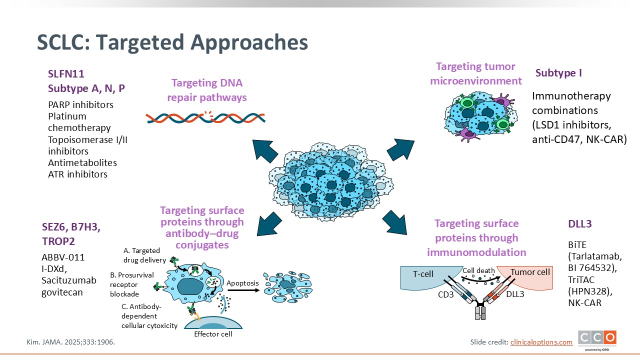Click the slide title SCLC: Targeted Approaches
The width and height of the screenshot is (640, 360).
pos(172,43)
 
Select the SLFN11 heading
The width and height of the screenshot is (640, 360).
pos(66,74)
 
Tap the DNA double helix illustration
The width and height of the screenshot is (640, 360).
pos(205,117)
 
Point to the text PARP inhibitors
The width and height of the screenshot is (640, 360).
pos(80,105)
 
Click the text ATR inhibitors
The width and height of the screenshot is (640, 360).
pos(77,174)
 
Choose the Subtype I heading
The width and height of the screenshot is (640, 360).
pos(558,73)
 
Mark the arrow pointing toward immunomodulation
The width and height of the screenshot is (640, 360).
pos(396,223)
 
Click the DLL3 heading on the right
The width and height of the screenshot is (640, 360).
pos(580,224)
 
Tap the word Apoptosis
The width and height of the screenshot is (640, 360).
pos(243,283)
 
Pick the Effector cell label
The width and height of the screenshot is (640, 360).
pos(213,334)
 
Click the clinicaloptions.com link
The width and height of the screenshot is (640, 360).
pos(541,342)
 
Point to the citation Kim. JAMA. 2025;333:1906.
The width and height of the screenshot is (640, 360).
pos(73,342)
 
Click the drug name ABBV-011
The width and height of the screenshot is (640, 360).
pos(63,257)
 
